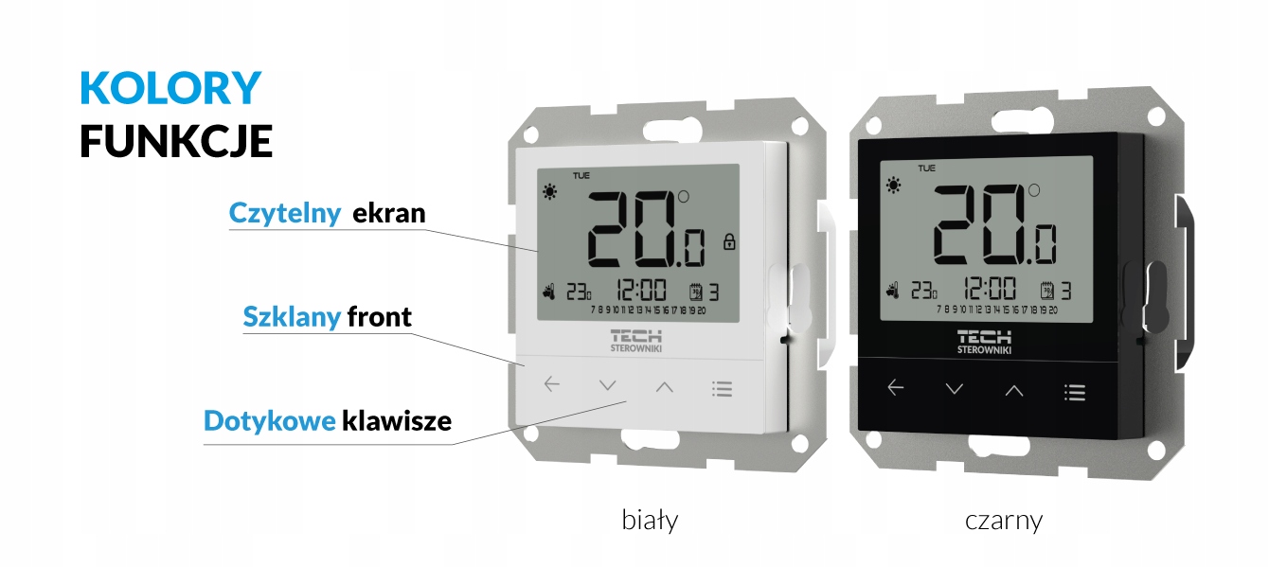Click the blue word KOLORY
170,88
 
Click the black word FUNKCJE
176,141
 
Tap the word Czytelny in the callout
285,214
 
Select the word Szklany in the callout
292,316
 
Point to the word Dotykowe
270,420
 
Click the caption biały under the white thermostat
650,519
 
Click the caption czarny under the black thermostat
1004,520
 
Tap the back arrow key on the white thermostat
552,384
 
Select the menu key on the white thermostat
723,388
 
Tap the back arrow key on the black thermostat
896,387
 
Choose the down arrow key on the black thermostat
955,389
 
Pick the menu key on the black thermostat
1075,392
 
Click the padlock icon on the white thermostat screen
729,241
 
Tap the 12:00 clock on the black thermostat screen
990,290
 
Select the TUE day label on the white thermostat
580,175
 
